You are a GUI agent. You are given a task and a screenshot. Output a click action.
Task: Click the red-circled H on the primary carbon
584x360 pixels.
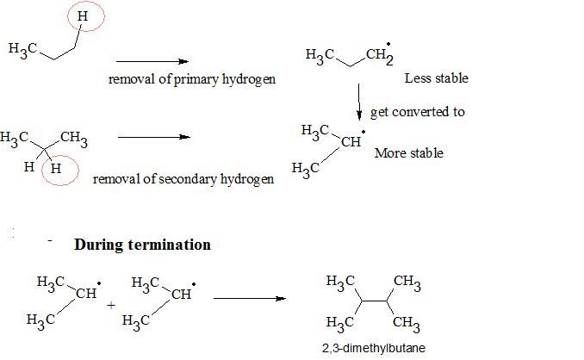pyautogui.click(x=81, y=16)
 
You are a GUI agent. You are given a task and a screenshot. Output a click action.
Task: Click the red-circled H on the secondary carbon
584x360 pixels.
pyautogui.click(x=56, y=169)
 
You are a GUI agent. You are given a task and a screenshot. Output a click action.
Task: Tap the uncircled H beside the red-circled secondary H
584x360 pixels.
pyautogui.click(x=29, y=168)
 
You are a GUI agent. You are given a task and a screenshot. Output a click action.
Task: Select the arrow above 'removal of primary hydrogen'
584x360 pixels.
pyautogui.click(x=152, y=61)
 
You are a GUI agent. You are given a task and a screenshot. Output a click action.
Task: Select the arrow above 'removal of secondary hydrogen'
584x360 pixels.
pyautogui.click(x=152, y=137)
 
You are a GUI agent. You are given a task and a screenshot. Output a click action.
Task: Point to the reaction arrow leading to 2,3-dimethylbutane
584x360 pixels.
pyautogui.click(x=249, y=299)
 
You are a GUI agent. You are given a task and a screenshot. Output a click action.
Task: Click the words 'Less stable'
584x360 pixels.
pyautogui.click(x=436, y=78)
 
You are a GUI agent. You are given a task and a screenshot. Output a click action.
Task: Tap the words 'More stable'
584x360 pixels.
pyautogui.click(x=409, y=153)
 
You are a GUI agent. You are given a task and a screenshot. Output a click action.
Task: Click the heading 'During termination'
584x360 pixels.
pyautogui.click(x=142, y=245)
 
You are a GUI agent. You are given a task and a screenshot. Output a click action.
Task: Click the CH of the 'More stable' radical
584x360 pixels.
pyautogui.click(x=351, y=141)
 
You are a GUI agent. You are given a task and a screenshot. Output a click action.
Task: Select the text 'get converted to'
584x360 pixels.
pyautogui.click(x=418, y=112)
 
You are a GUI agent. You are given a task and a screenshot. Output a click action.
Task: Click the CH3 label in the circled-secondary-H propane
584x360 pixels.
pyautogui.click(x=74, y=137)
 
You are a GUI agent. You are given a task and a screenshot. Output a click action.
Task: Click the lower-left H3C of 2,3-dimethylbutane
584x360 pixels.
pyautogui.click(x=341, y=324)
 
